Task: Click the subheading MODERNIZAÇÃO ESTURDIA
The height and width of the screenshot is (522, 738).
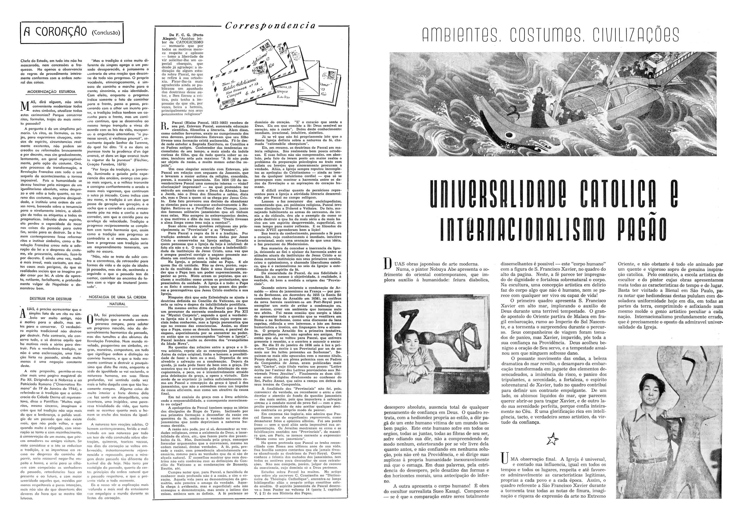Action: click(x=52, y=92)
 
